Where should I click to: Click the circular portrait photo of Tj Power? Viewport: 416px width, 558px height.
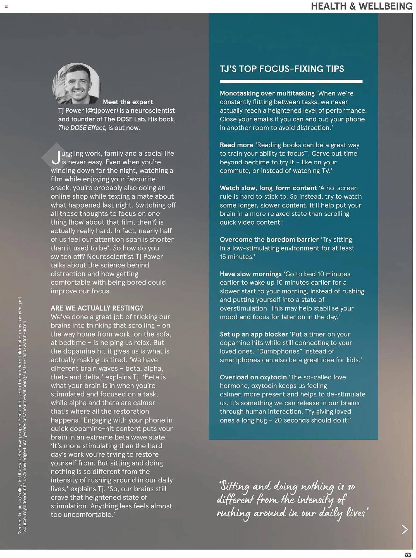pos(76,83)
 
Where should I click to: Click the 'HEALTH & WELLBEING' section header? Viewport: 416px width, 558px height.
pos(361,6)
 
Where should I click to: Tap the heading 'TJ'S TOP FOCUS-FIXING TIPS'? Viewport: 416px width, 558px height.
pos(282,69)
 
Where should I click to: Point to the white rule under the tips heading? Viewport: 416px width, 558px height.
pos(291,82)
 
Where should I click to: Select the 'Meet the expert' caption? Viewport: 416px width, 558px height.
pos(128,102)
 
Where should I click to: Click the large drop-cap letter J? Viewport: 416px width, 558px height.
pos(56,158)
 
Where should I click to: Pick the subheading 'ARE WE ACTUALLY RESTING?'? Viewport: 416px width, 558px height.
pos(97,308)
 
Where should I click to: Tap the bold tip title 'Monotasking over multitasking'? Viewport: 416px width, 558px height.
pos(267,93)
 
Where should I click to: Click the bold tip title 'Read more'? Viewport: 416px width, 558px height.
pos(236,145)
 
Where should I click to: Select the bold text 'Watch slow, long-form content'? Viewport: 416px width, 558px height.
pos(268,188)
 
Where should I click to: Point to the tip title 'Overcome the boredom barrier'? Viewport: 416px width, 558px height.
pos(269,239)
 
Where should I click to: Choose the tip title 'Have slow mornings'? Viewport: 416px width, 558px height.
pos(250,274)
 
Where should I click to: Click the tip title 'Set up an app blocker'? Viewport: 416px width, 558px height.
pos(254,334)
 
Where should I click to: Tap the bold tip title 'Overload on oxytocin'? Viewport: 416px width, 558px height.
pos(253,377)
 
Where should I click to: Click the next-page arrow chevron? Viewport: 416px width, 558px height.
pos(405,529)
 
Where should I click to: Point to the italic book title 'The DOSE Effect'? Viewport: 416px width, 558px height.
pos(82,128)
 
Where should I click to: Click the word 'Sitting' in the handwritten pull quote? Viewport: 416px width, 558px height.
pos(234,486)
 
